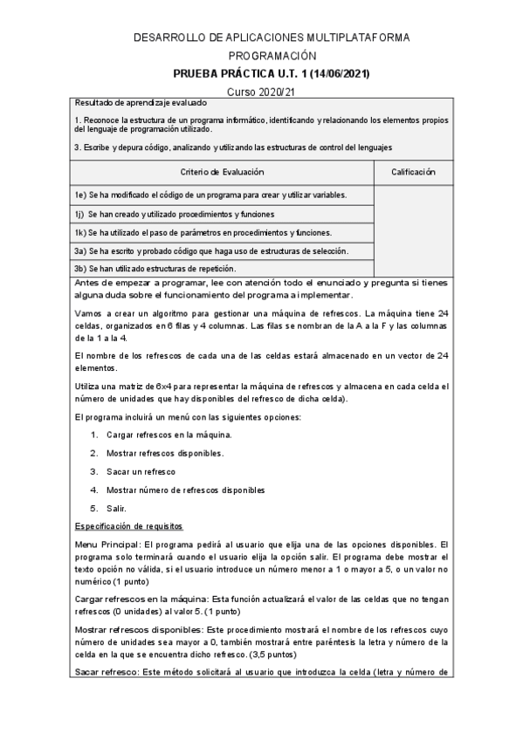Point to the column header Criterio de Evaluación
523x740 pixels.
[223, 173]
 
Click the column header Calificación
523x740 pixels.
[413, 173]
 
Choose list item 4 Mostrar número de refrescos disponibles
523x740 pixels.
[184, 490]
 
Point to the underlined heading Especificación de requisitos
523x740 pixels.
[128, 526]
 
